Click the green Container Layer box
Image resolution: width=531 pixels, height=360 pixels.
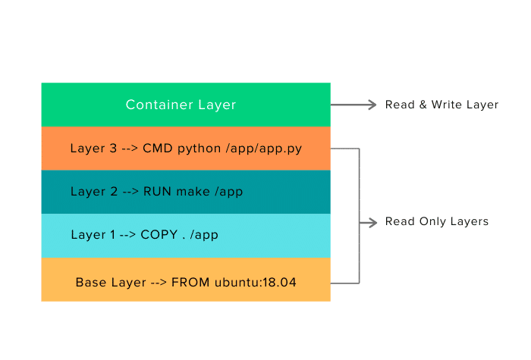(186, 105)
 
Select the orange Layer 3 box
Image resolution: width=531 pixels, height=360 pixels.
(186, 149)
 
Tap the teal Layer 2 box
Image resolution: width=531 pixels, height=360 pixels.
(186, 192)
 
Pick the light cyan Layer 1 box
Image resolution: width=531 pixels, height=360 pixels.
(186, 235)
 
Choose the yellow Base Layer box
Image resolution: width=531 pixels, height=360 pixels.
(186, 280)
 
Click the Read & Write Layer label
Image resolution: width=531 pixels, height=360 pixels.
(441, 105)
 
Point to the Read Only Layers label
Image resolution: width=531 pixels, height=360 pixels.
(436, 222)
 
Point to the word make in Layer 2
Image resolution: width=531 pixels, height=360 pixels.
(193, 192)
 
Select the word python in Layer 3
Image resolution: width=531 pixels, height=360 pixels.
(197, 149)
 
